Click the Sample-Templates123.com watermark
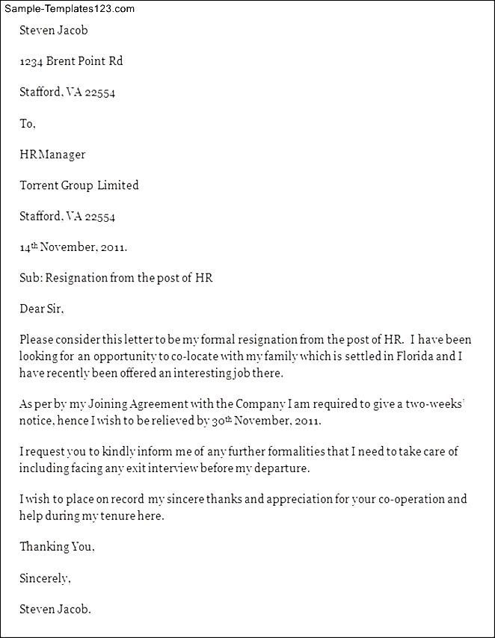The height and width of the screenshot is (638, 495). click(x=69, y=9)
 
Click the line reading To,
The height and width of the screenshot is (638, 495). click(x=28, y=124)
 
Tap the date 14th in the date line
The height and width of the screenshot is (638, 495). click(x=28, y=247)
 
